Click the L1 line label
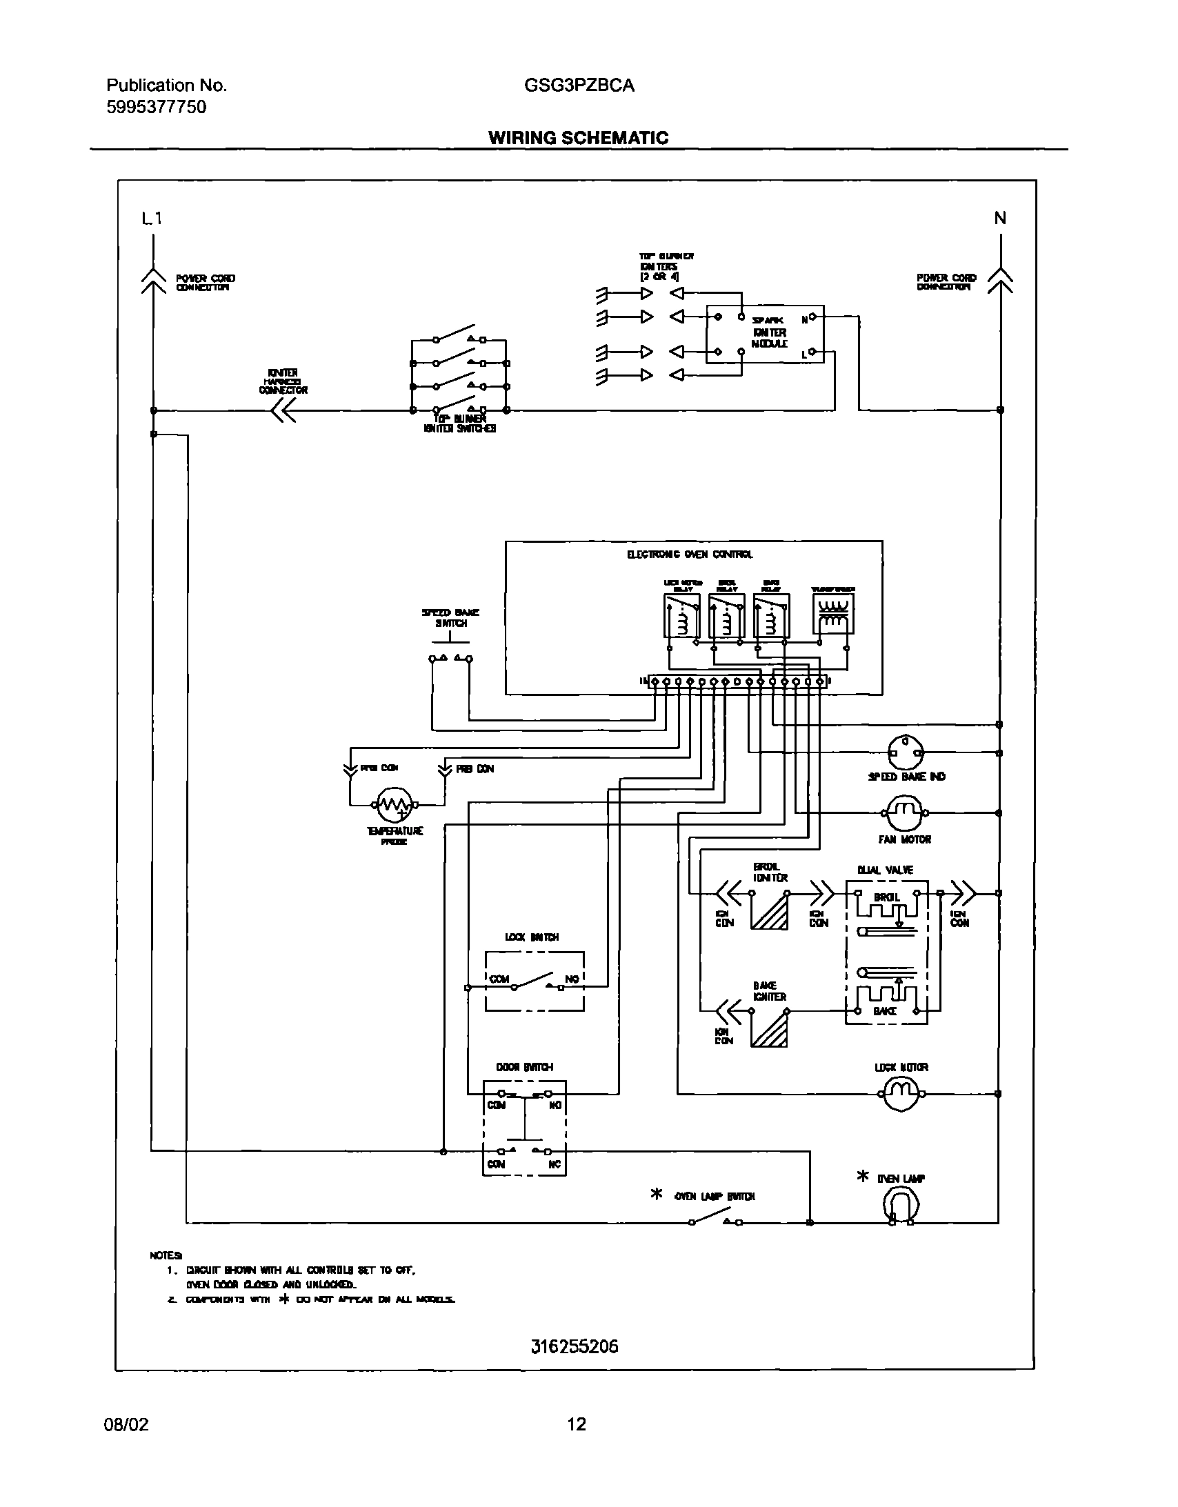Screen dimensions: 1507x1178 pos(152,219)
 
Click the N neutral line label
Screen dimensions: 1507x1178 pos(1000,219)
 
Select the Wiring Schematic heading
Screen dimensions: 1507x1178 pos(578,138)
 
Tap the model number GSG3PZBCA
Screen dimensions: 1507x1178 pos(579,86)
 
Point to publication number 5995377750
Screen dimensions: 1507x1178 pos(156,107)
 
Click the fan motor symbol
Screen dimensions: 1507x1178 pos(904,813)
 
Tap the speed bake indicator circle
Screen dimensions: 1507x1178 pos(904,752)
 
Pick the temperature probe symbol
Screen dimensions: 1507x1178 pos(394,804)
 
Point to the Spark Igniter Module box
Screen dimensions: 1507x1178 pos(765,334)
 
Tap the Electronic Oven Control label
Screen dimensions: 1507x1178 pos(690,554)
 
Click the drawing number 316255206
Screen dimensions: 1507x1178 pos(575,1346)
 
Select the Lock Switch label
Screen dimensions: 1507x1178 pos(531,937)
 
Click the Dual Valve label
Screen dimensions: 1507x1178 pos(885,870)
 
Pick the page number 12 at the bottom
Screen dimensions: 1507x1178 pos(576,1424)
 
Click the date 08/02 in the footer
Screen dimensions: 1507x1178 pos(126,1424)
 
